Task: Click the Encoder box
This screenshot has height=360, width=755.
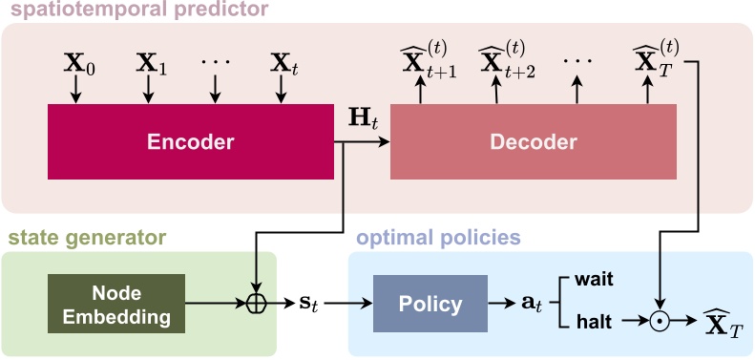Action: pos(191,142)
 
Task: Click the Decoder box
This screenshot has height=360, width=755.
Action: pos(534,142)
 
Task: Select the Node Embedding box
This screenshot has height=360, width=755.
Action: pos(116,304)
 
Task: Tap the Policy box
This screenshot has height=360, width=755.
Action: pos(430,305)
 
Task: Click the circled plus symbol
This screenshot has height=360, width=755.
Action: pos(255,305)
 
